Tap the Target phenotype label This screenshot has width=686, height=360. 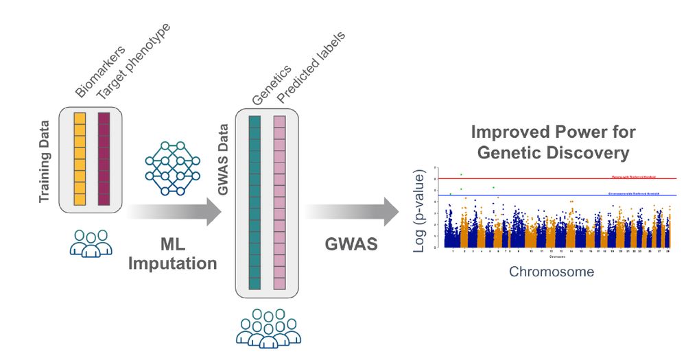(133, 62)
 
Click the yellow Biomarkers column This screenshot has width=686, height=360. (80, 159)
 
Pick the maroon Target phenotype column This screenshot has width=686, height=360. (104, 159)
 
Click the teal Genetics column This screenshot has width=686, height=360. (255, 202)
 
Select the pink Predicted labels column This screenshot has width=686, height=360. (279, 202)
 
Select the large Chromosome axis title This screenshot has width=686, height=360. (552, 272)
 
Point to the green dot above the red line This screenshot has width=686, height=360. (462, 174)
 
